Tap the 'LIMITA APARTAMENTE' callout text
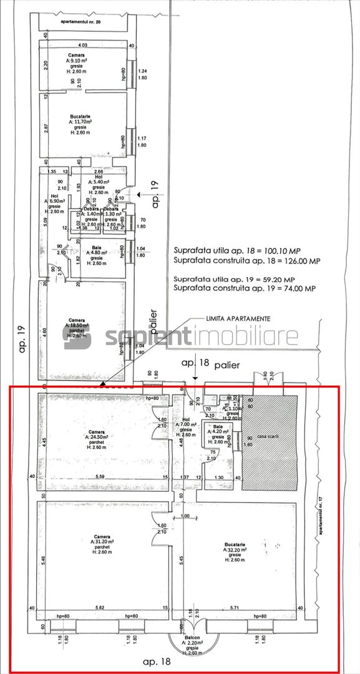click(238, 318)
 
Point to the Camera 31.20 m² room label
click(103, 544)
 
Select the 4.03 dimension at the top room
click(82, 46)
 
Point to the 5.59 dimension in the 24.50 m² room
click(99, 477)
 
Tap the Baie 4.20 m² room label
click(217, 433)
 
